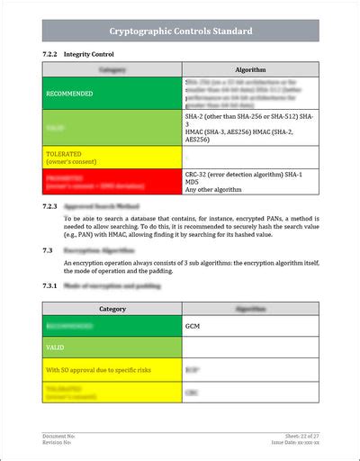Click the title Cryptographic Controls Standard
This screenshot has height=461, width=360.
(x=180, y=31)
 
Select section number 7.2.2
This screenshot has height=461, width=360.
(x=51, y=54)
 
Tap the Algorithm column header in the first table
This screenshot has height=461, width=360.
(x=250, y=69)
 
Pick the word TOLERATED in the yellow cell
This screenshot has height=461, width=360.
(x=64, y=154)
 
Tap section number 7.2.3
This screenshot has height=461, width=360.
(x=51, y=206)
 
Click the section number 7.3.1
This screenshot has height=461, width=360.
(x=51, y=285)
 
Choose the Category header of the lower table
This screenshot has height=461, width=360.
(x=112, y=308)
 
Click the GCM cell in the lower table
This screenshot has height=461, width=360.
(x=192, y=325)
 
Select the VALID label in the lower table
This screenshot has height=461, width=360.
(x=55, y=347)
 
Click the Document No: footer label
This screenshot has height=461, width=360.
(x=58, y=435)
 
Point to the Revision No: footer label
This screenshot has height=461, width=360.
(x=58, y=442)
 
